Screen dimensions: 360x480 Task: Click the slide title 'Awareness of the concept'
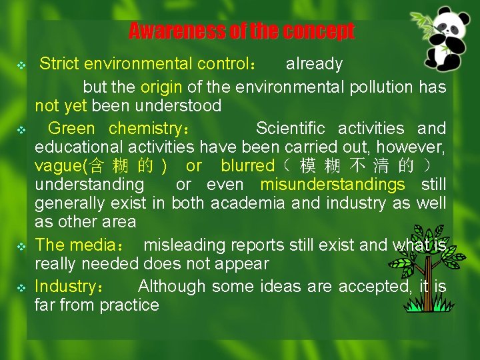click(x=241, y=31)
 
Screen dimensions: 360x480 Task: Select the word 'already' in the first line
click(x=314, y=64)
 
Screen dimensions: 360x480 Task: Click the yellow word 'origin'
click(x=160, y=87)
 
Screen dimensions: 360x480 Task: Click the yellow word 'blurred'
click(x=247, y=165)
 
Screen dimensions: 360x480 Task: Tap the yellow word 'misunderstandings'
click(x=332, y=184)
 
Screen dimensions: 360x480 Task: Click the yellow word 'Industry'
click(x=65, y=286)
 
